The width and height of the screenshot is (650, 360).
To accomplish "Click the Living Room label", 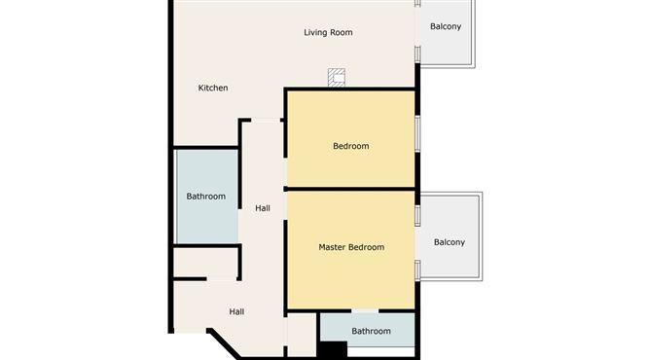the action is tap(328, 32).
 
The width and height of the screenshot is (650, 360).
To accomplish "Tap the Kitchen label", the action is tap(213, 88).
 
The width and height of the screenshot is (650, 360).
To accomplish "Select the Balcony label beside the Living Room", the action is tap(446, 26).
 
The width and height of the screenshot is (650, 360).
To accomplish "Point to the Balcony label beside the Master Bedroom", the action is tap(449, 242).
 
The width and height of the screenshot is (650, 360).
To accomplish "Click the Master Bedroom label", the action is tap(351, 247).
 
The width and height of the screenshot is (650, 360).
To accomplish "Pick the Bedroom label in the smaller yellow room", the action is tap(350, 146).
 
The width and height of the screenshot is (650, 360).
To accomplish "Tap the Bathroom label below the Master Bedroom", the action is tap(371, 331).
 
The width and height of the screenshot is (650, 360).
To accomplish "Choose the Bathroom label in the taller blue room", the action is tap(205, 197).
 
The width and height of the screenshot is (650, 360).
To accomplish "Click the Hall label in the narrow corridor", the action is tap(263, 208).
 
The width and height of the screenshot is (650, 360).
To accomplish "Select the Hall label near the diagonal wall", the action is tap(236, 311).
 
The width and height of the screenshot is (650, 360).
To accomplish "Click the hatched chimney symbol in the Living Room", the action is tap(337, 78).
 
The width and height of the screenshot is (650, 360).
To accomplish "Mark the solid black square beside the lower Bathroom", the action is tap(333, 349).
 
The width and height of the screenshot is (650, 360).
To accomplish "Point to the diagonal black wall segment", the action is tap(224, 343).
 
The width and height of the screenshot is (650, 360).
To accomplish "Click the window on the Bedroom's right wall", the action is tap(417, 133).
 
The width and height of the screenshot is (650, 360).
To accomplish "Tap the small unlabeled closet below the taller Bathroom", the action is tap(205, 263).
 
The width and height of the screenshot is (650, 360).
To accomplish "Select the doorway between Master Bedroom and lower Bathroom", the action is tap(365, 310).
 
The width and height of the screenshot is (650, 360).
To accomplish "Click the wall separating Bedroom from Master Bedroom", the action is tap(350, 190).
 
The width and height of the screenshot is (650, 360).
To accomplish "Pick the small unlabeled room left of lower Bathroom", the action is tap(302, 335).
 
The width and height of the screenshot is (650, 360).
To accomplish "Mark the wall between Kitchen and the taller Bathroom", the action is tap(205, 147).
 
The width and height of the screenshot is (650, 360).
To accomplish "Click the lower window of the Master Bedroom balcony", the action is tap(417, 270).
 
